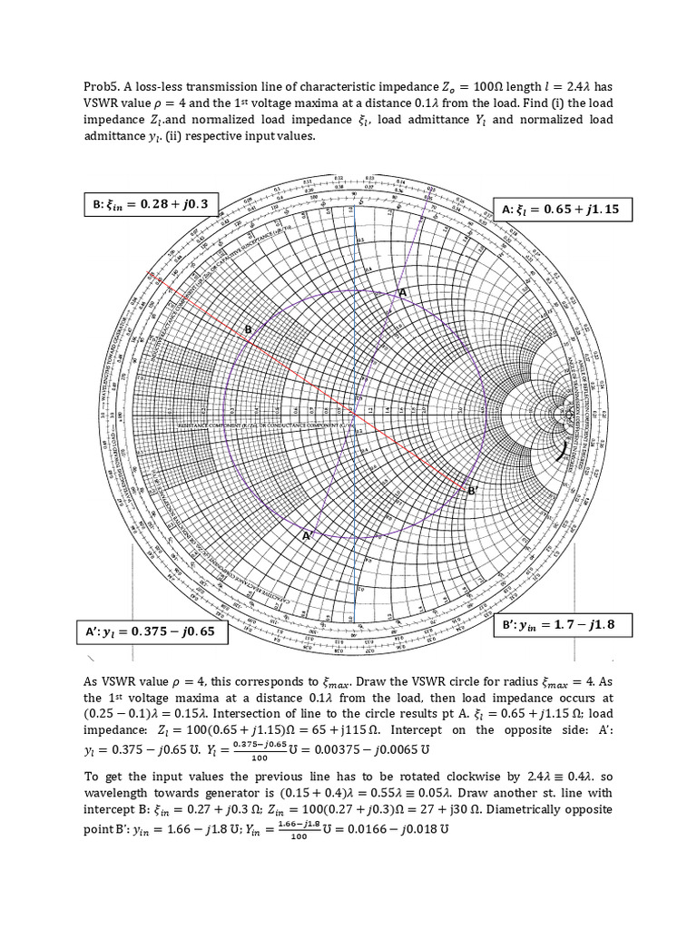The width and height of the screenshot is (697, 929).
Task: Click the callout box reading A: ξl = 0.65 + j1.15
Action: (560, 209)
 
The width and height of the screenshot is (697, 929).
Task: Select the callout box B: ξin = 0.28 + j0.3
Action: (146, 204)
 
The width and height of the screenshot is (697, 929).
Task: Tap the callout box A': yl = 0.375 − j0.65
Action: (152, 631)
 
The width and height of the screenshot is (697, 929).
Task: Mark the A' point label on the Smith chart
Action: (307, 536)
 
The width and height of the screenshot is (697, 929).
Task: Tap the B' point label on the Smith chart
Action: (472, 491)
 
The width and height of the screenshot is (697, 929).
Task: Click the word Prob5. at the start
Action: (102, 87)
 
